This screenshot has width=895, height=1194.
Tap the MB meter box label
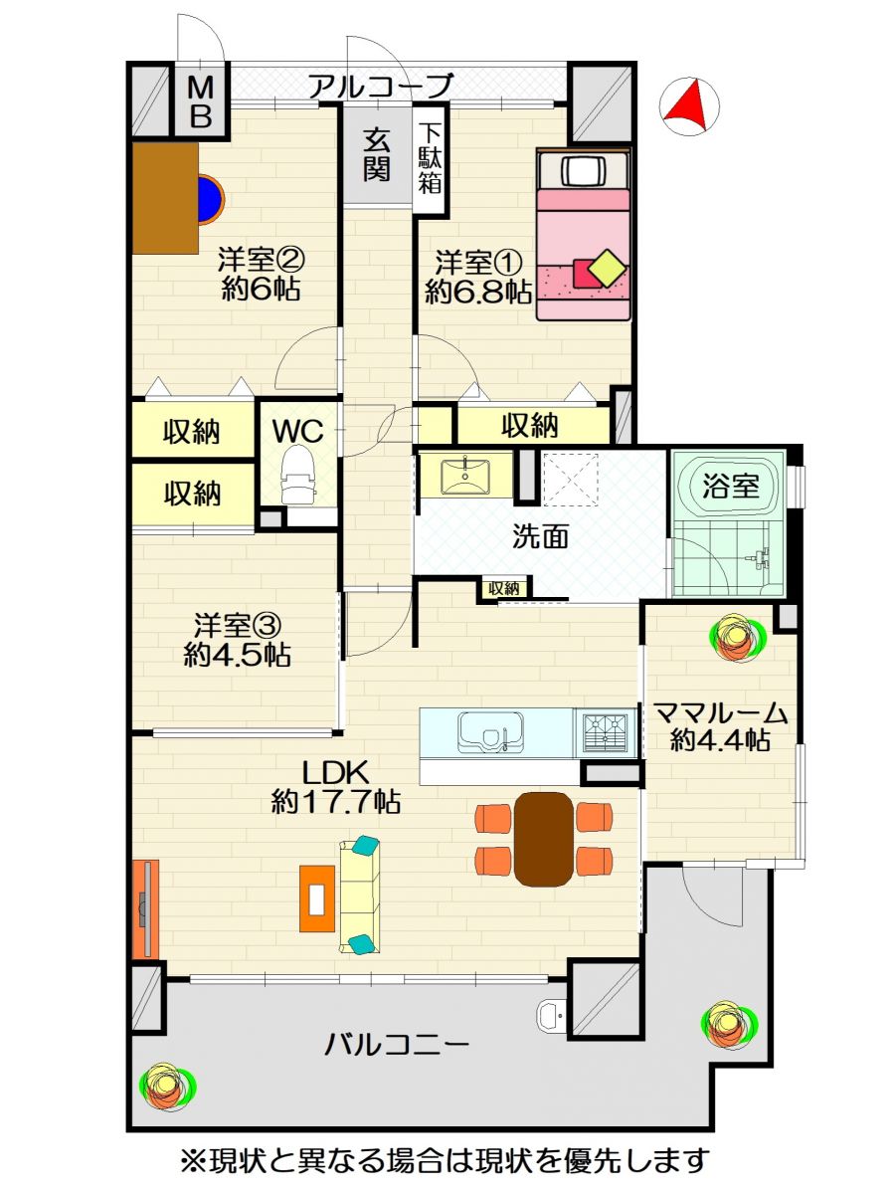click(x=200, y=101)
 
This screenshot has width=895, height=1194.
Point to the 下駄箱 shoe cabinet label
click(x=430, y=158)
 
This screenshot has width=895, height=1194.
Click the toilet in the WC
click(x=296, y=474)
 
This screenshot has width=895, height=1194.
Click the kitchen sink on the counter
click(x=490, y=732)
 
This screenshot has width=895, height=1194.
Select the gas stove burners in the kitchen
click(x=605, y=732)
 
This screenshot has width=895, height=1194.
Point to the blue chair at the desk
click(x=211, y=199)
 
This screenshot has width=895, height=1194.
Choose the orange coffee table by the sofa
click(x=317, y=898)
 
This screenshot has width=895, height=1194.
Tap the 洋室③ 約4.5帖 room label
click(x=237, y=640)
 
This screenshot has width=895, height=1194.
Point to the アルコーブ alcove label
click(x=381, y=86)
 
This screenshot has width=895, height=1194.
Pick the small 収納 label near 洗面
click(x=504, y=588)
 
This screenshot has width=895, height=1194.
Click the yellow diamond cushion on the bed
click(x=608, y=267)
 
